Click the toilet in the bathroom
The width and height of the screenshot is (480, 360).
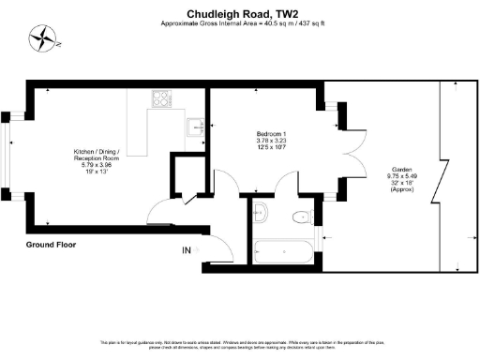(301, 217)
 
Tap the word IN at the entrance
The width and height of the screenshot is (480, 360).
(187, 249)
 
